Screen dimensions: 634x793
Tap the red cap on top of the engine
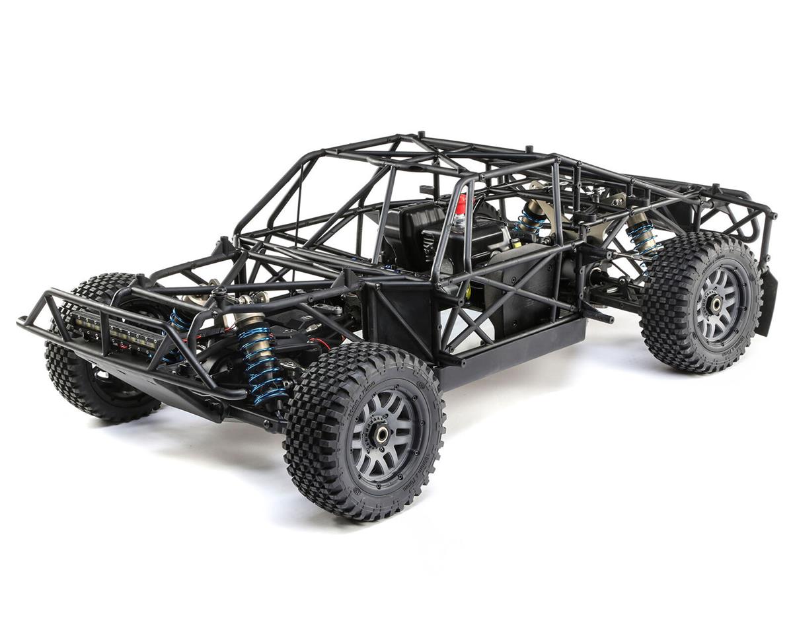point(461,205)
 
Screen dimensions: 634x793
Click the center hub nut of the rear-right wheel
point(715,303)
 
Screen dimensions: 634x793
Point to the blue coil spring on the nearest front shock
point(260,363)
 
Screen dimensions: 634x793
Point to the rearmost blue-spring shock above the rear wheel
point(641,234)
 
